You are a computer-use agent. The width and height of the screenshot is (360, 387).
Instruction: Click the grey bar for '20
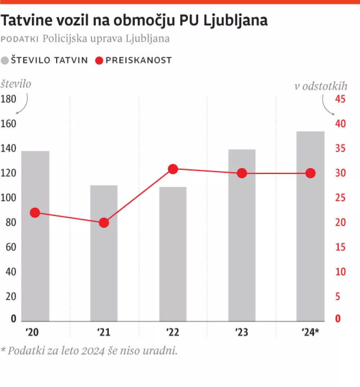point(35,236)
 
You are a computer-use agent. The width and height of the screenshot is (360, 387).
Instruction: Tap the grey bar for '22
point(173,254)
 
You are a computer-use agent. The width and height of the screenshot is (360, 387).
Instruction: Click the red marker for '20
point(35,213)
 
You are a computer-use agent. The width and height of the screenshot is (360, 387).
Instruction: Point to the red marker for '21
point(104,223)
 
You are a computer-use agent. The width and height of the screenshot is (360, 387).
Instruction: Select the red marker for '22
point(173,169)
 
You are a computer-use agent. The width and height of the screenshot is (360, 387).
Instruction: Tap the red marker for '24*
point(310,173)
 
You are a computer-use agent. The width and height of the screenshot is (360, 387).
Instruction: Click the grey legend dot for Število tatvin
point(5,61)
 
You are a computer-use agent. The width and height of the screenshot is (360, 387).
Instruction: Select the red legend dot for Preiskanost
point(99,61)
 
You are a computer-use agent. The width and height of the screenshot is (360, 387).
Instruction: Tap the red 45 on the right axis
point(340,99)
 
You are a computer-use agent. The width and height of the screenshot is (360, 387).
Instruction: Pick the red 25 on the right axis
point(340,198)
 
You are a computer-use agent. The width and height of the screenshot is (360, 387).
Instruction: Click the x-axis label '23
point(242,332)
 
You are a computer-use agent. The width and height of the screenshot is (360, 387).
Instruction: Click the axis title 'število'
point(16,84)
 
